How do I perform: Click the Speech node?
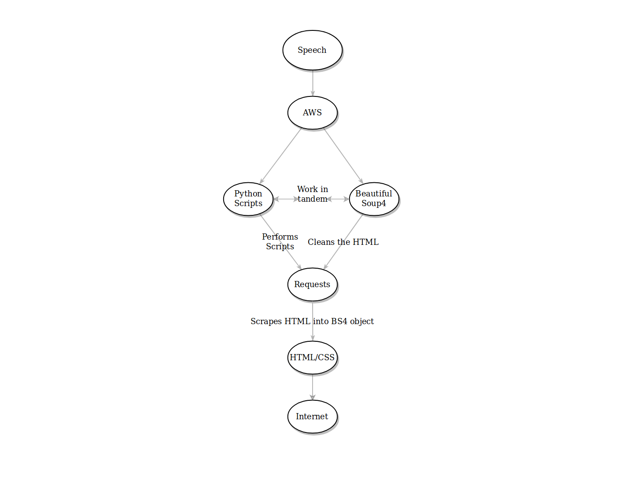click(312, 50)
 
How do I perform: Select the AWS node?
click(312, 113)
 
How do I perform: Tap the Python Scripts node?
click(248, 199)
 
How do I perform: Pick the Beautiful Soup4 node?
click(374, 199)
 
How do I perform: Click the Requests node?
click(312, 284)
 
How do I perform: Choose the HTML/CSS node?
click(312, 358)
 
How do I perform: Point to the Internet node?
click(312, 417)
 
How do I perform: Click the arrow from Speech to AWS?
click(313, 83)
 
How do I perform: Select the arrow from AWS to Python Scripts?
click(280, 155)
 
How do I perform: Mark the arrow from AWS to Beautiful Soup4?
click(343, 155)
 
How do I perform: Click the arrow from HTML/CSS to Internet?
click(313, 387)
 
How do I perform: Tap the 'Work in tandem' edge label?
click(313, 194)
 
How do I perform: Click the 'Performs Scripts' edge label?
click(280, 242)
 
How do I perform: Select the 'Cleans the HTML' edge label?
click(343, 242)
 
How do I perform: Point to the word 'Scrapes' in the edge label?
click(266, 321)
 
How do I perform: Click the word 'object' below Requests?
click(362, 321)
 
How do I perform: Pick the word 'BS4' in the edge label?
click(339, 321)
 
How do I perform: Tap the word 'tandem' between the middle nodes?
click(313, 199)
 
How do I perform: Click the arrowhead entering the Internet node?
click(313, 397)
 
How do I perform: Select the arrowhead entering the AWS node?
click(313, 93)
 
